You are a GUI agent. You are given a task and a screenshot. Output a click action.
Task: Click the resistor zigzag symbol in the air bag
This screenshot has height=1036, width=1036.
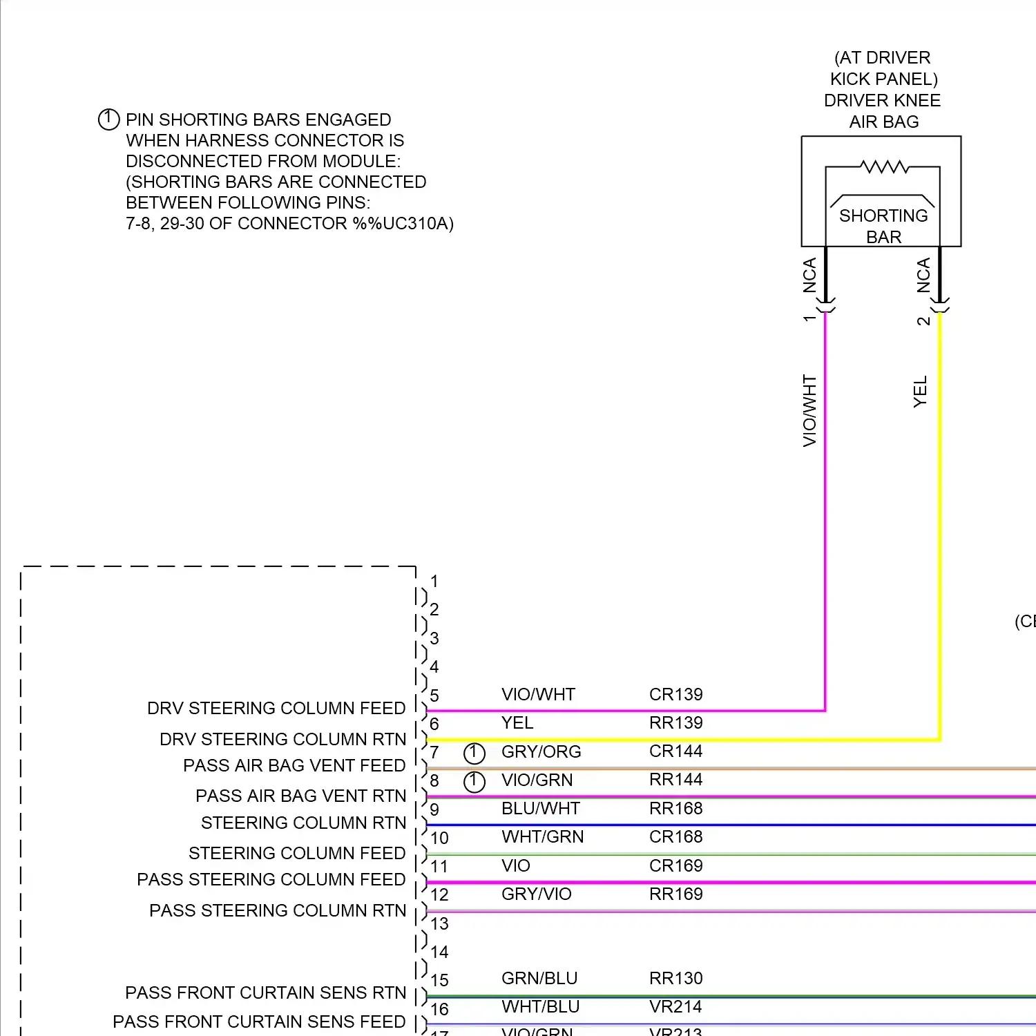(884, 166)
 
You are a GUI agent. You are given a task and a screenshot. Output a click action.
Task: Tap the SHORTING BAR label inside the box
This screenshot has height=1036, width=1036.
(883, 226)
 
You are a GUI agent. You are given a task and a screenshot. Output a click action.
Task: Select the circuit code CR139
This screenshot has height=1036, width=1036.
(675, 694)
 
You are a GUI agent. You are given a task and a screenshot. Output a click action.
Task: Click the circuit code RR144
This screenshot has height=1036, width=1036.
(675, 780)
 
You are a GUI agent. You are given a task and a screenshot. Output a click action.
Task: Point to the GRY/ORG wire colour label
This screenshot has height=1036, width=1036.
(541, 751)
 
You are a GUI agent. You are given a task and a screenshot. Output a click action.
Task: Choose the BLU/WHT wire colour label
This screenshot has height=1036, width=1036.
(540, 808)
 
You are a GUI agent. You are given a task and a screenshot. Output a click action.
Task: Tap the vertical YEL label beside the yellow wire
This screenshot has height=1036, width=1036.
(920, 392)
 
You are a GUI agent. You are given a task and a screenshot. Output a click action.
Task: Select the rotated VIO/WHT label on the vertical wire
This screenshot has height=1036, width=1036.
(809, 410)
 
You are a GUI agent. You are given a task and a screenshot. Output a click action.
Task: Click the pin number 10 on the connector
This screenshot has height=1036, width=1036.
(439, 838)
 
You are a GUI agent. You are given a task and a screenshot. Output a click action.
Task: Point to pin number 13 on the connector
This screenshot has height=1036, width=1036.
(439, 923)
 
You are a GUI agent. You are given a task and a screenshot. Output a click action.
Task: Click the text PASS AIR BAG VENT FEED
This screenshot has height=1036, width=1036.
(294, 765)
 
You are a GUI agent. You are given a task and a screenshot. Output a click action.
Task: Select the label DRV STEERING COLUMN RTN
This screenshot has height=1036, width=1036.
(282, 739)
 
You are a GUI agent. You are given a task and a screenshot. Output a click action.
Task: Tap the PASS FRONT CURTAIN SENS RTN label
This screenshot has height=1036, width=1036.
(265, 992)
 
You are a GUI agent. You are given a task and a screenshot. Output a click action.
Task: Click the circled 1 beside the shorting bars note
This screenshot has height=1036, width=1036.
(108, 119)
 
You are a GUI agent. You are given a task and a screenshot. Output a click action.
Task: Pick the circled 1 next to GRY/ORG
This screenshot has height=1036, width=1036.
(474, 753)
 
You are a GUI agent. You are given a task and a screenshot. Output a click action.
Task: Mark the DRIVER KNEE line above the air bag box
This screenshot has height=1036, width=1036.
(882, 100)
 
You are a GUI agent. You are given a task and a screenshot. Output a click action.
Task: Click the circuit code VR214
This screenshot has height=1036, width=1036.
(675, 1006)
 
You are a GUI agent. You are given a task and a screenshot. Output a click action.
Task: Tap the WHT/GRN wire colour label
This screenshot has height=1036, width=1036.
(542, 836)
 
